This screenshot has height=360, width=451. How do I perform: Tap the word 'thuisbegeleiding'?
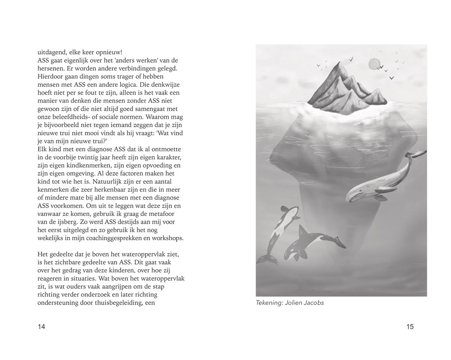tap(111, 303)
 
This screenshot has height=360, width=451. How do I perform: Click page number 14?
tap(41, 327)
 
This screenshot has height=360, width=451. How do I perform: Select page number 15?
tap(410, 327)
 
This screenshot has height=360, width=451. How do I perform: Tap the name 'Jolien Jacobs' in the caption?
tap(306, 303)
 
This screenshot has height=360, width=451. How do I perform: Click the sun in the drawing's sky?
tap(374, 64)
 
